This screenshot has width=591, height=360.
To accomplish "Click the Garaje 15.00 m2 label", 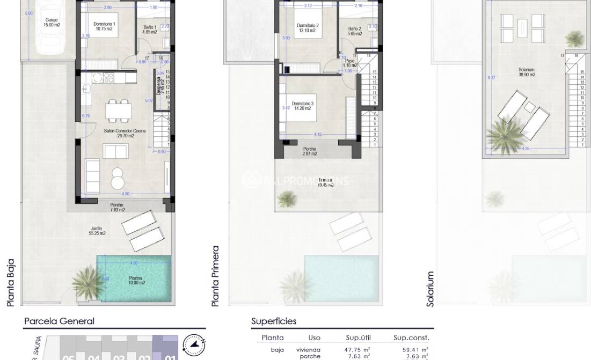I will pyautogui.click(x=52, y=23).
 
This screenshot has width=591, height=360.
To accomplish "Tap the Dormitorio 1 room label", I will pyautogui.click(x=104, y=26).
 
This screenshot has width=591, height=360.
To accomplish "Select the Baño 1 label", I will pyautogui.click(x=150, y=30).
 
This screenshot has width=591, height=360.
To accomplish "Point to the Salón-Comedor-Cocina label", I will pyautogui.click(x=119, y=133).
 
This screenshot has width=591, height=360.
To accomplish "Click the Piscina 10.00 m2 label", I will pyautogui.click(x=135, y=281).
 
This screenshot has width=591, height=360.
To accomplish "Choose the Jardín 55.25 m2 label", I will pyautogui.click(x=97, y=231).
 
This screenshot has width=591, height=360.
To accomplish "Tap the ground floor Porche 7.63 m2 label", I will pyautogui.click(x=117, y=207).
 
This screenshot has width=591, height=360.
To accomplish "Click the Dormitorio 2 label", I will pyautogui.click(x=308, y=28).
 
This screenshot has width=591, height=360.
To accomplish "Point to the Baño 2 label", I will pyautogui.click(x=355, y=31).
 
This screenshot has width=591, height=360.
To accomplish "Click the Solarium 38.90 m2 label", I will pyautogui.click(x=526, y=72).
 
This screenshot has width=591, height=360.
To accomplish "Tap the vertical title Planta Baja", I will pyautogui.click(x=10, y=283).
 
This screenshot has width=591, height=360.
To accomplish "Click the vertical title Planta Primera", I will pyautogui.click(x=215, y=276).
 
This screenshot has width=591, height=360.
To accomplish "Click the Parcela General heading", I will pyautogui.click(x=59, y=321).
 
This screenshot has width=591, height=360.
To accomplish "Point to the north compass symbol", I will pyautogui.click(x=194, y=344).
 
